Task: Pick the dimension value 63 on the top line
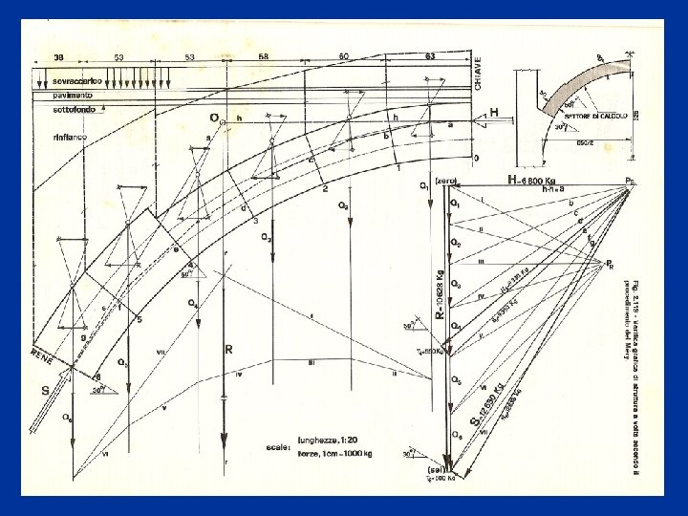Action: [430, 56]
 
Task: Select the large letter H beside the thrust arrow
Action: [494, 112]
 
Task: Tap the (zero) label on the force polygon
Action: [447, 181]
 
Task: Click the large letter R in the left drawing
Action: [229, 351]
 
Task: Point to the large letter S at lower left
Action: [45, 390]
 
